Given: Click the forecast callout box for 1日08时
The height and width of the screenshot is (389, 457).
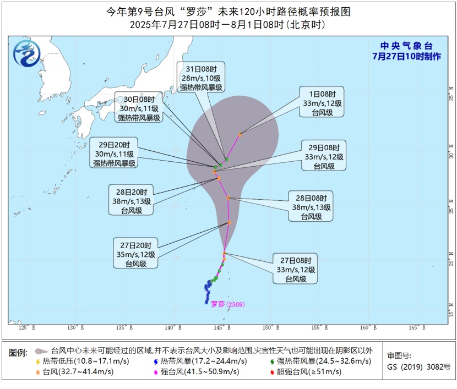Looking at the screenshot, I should (x=322, y=101).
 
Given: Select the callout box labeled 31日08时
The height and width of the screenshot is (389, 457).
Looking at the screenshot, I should (x=201, y=77).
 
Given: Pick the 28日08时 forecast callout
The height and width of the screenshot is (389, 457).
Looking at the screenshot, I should (x=312, y=207).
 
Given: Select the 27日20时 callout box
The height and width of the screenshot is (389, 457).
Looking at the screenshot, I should (x=136, y=254).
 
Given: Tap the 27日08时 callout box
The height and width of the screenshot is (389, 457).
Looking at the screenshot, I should (x=296, y=269).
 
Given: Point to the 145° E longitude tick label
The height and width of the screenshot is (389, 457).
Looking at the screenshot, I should (x=221, y=328).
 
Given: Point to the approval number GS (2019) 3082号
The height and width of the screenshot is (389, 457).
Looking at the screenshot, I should (x=410, y=366).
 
